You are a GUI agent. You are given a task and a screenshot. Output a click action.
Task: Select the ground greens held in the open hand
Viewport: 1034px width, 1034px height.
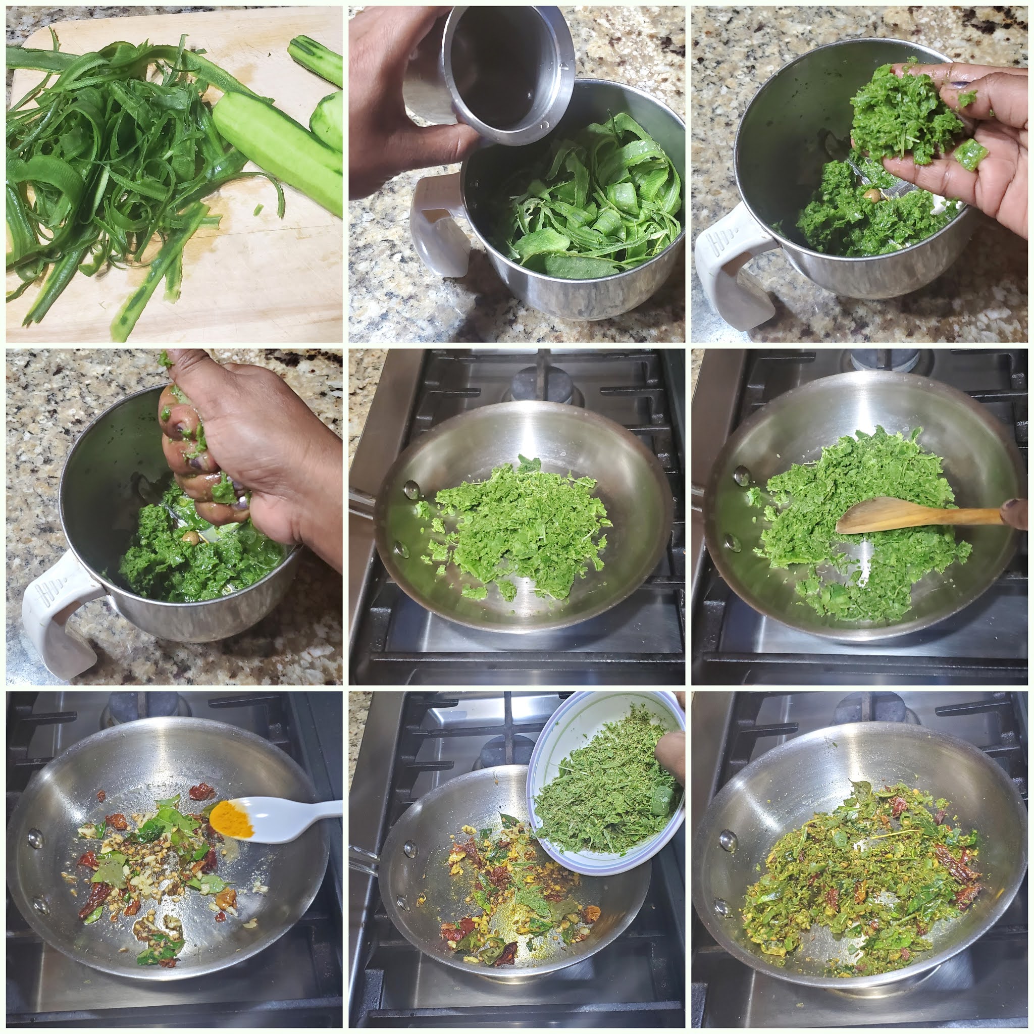click(899, 113)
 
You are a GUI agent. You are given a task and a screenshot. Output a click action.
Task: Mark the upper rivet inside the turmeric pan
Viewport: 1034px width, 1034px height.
click(36, 838)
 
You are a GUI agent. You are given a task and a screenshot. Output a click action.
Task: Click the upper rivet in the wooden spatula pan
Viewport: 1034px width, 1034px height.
click(741, 475)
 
